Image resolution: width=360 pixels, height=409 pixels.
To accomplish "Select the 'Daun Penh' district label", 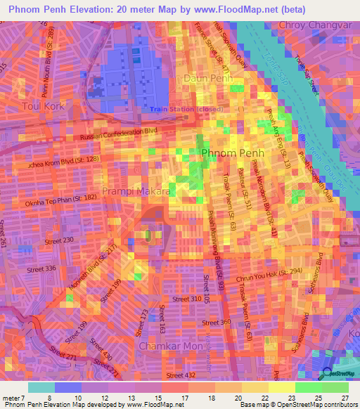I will click(207, 79).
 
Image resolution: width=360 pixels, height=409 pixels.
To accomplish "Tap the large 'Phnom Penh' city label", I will click(232, 152).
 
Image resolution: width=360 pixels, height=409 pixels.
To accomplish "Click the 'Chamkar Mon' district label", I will click(165, 346).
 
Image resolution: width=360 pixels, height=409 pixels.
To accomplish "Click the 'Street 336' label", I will click(41, 268).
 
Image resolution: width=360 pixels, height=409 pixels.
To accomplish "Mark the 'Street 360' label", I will click(216, 322).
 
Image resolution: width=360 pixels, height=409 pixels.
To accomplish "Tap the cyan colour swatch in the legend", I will click(41, 387).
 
